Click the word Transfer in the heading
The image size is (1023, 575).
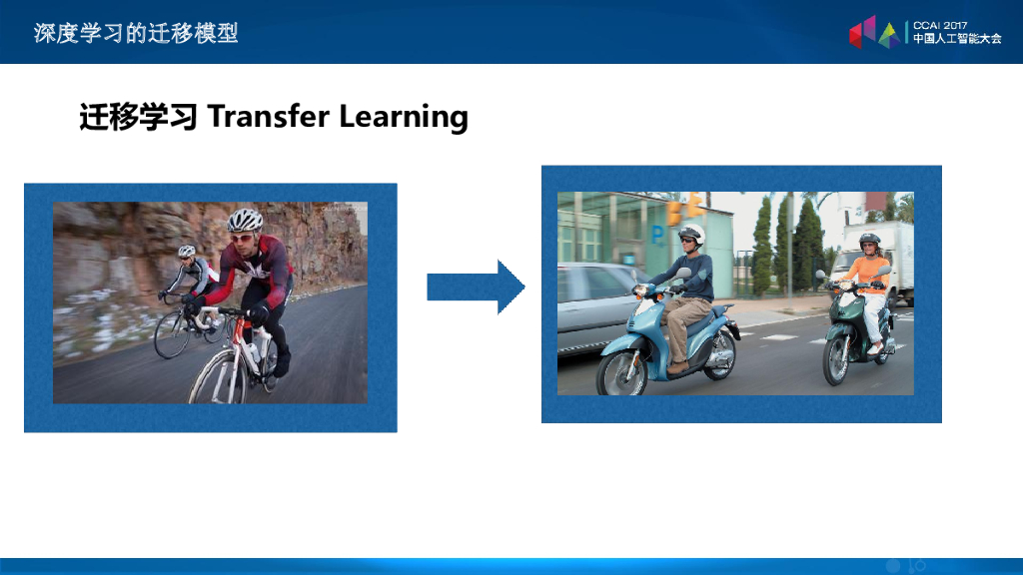point(268,116)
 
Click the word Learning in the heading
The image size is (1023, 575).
point(404,118)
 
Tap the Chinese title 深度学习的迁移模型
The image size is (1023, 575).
point(136,33)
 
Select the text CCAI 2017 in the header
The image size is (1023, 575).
point(940,25)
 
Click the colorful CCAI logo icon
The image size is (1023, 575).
point(874,32)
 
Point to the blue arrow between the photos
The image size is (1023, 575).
point(476,287)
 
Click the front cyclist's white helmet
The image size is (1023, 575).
point(245,220)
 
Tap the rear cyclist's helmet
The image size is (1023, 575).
point(187,251)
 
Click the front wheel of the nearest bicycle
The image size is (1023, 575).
point(219,378)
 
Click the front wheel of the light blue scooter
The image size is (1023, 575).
point(622,374)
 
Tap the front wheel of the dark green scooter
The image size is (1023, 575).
point(839,361)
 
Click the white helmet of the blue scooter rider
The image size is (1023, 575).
point(691,234)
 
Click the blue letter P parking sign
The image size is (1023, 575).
point(657,235)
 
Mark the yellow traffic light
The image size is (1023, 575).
point(683,209)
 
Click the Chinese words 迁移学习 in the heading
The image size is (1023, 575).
point(138,118)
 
